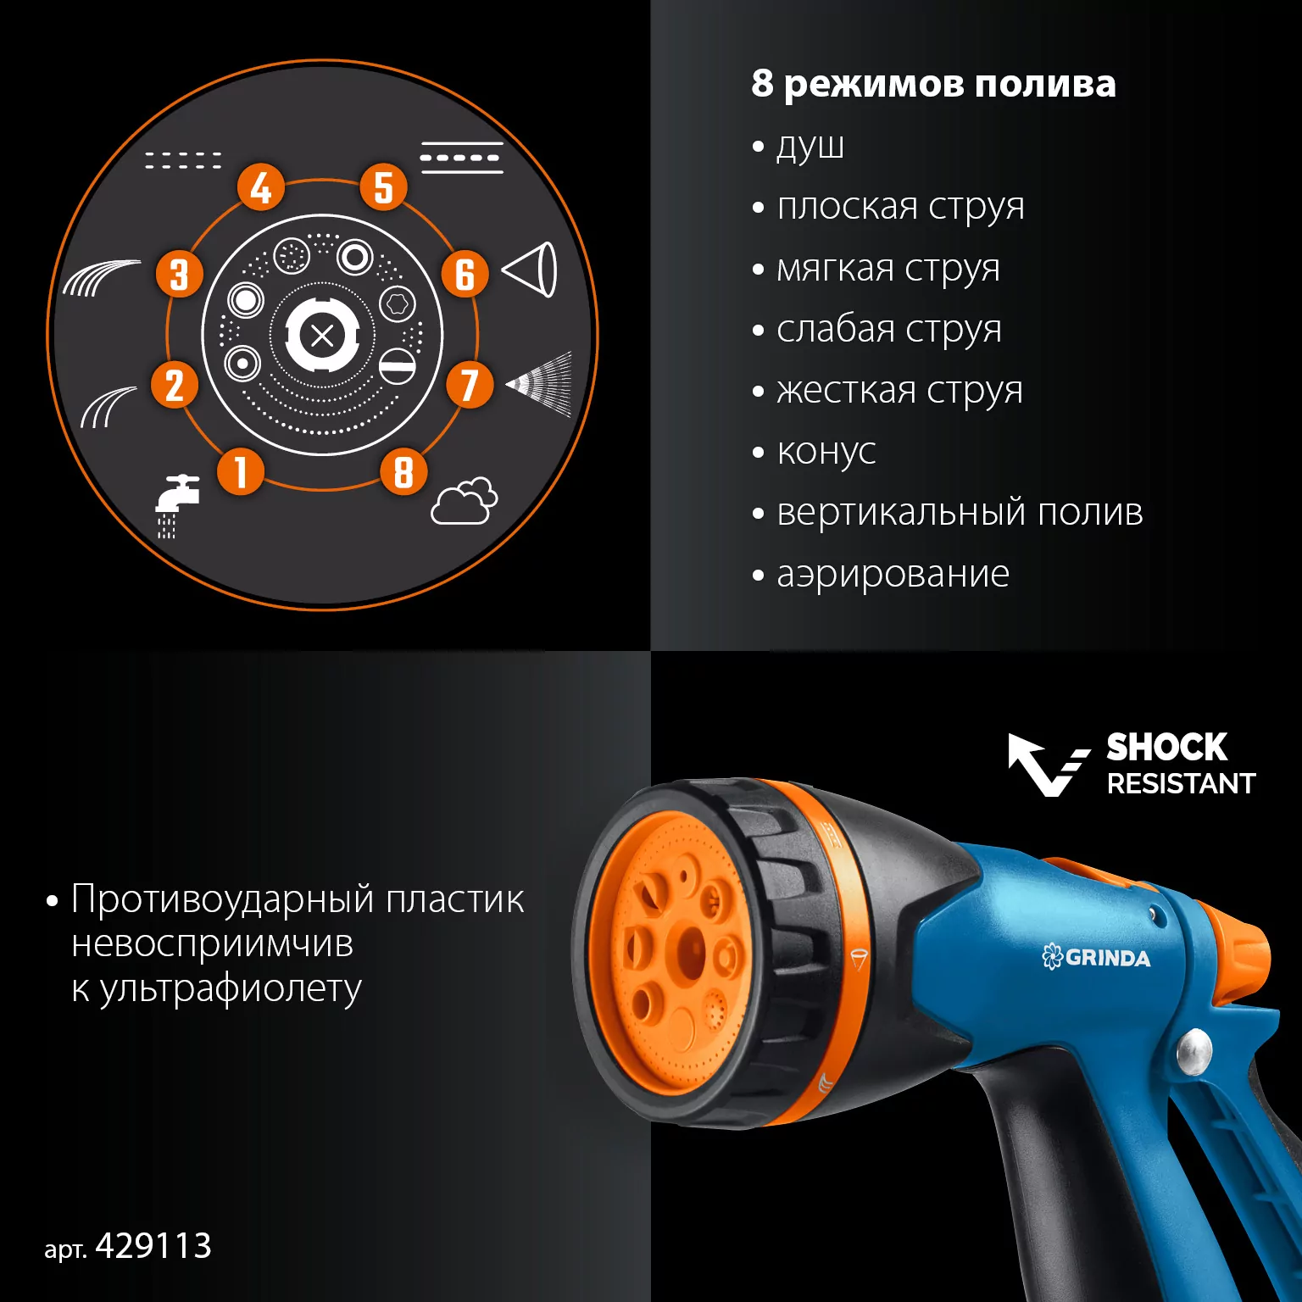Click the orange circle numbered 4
point(261,187)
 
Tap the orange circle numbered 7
point(470,384)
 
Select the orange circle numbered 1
point(241,471)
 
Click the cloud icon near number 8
point(465,502)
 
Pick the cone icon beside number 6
point(531,270)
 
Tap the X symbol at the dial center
point(322,337)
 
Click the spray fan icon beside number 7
point(540,384)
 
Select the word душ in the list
point(810,147)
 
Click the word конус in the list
point(826,452)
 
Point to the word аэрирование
point(893,575)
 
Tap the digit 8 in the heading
point(762,83)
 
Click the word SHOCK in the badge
point(1167,748)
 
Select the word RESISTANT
point(1181,783)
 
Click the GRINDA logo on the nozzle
point(1096,958)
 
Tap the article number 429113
point(153,1246)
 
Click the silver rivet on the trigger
point(1194,1051)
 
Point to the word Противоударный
point(222,899)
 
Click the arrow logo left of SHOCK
point(1048,765)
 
